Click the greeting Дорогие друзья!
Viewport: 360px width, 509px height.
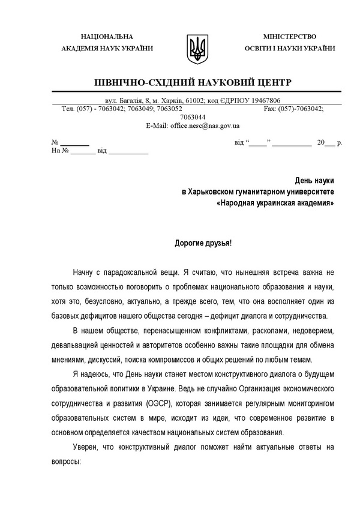pyautogui.click(x=202, y=244)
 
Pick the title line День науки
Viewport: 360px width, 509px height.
pyautogui.click(x=314, y=180)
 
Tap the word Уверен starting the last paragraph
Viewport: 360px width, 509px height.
pyautogui.click(x=88, y=447)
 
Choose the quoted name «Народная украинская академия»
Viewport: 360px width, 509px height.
pyautogui.click(x=275, y=203)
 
